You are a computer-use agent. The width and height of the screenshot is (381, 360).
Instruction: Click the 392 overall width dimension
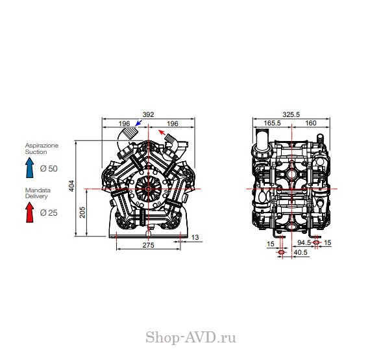[x=148, y=114]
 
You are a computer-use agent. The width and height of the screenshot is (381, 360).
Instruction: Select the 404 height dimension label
[x=71, y=186]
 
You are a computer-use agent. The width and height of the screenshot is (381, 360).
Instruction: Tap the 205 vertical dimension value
[x=82, y=212]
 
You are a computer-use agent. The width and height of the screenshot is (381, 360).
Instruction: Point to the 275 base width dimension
[x=148, y=245]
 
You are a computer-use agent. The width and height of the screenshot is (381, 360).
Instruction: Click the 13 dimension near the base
[x=195, y=237]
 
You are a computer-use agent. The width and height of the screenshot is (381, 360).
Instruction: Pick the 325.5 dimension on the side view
[x=291, y=114]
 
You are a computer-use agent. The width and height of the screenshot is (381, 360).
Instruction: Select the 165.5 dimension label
[x=272, y=123]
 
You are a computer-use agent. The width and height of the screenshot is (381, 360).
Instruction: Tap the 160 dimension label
[x=311, y=123]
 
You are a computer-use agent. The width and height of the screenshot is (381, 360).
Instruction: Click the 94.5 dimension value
[x=304, y=242]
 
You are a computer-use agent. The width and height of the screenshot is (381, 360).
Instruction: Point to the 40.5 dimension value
[x=301, y=253]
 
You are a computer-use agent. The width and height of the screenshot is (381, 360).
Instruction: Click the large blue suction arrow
[x=30, y=168]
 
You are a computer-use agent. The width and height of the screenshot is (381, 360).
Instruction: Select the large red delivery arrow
[x=30, y=212]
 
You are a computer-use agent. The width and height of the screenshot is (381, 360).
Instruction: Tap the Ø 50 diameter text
[x=49, y=168]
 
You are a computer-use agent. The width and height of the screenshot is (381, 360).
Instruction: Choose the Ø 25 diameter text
[x=49, y=213]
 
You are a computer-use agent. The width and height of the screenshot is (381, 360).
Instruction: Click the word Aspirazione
[x=42, y=146]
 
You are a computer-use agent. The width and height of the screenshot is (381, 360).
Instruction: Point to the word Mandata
[x=38, y=190]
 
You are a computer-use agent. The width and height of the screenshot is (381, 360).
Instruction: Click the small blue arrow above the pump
[x=138, y=123]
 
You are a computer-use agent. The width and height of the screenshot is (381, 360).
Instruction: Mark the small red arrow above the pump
[x=162, y=133]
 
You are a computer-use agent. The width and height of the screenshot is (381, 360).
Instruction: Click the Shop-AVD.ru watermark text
[x=191, y=337]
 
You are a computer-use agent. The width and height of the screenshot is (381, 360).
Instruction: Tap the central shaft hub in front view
[x=148, y=189]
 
